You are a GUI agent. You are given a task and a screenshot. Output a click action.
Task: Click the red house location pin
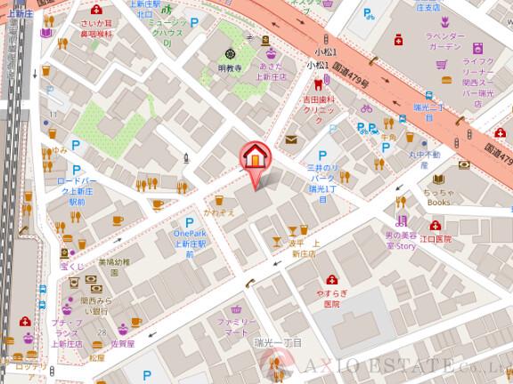click(x=256, y=158)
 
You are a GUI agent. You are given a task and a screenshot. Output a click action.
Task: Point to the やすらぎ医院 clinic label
click(x=332, y=298)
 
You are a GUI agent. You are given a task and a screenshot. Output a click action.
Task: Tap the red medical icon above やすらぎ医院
click(x=332, y=278)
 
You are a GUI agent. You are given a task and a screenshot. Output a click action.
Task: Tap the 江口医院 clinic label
click(x=436, y=239)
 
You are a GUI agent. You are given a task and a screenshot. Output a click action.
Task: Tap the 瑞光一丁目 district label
click(x=278, y=341)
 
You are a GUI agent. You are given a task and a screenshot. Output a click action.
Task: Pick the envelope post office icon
click(x=292, y=139)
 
